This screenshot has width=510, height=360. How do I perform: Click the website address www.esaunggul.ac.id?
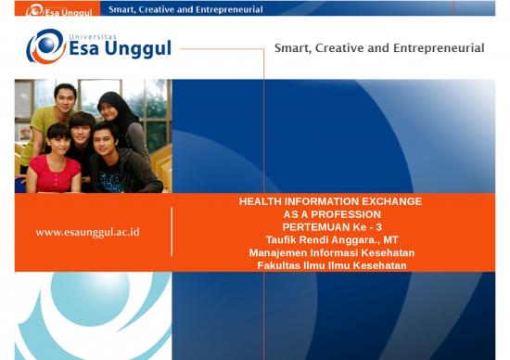87,232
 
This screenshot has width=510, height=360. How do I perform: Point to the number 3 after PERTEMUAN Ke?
378,227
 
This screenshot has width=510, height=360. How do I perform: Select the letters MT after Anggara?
390,240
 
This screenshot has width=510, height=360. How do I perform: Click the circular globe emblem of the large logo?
46,46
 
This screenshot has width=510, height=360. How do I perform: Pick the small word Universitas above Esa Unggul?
93,37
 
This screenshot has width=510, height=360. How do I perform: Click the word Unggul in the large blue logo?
138,49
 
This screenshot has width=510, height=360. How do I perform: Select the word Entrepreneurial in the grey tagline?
439,48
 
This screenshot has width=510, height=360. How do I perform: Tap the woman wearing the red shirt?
54,160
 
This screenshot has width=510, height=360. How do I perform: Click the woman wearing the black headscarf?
123,123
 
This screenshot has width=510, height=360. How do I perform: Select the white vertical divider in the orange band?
172,232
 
